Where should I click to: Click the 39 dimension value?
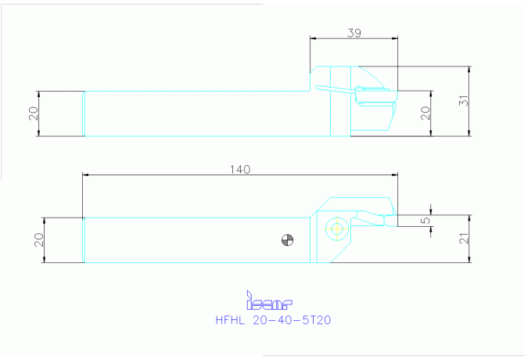[354, 33]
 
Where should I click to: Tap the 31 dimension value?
[465, 101]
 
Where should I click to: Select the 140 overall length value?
[240, 170]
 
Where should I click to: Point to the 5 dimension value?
[425, 221]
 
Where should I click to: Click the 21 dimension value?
[464, 239]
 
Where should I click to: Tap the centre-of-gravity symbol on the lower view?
[287, 239]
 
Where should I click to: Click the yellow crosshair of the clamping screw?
[337, 229]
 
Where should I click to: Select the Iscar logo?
[269, 301]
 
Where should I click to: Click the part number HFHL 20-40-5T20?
[273, 320]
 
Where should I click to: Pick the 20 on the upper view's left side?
[34, 113]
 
